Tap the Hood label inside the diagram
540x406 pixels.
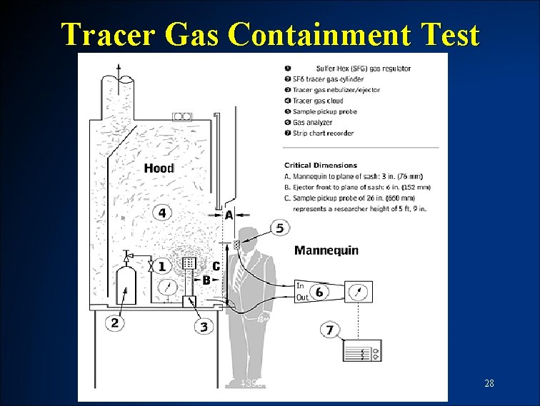pos(159,168)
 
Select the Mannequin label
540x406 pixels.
pos(326,250)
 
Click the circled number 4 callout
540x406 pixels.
pos(163,212)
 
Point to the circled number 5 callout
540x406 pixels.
pos(279,228)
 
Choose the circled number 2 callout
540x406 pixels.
pos(114,323)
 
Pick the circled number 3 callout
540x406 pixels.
pos(204,327)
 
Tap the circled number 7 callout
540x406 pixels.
pos(329,330)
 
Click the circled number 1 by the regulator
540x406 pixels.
pos(162,266)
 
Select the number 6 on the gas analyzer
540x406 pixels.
pos(319,291)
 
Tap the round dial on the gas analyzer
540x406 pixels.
pos(359,291)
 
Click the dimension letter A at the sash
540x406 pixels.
pos(229,214)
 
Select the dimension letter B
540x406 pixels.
pos(206,280)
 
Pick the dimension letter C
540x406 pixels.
pos(216,266)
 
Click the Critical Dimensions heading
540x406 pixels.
pos(321,166)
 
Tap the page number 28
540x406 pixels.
pos(489,384)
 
